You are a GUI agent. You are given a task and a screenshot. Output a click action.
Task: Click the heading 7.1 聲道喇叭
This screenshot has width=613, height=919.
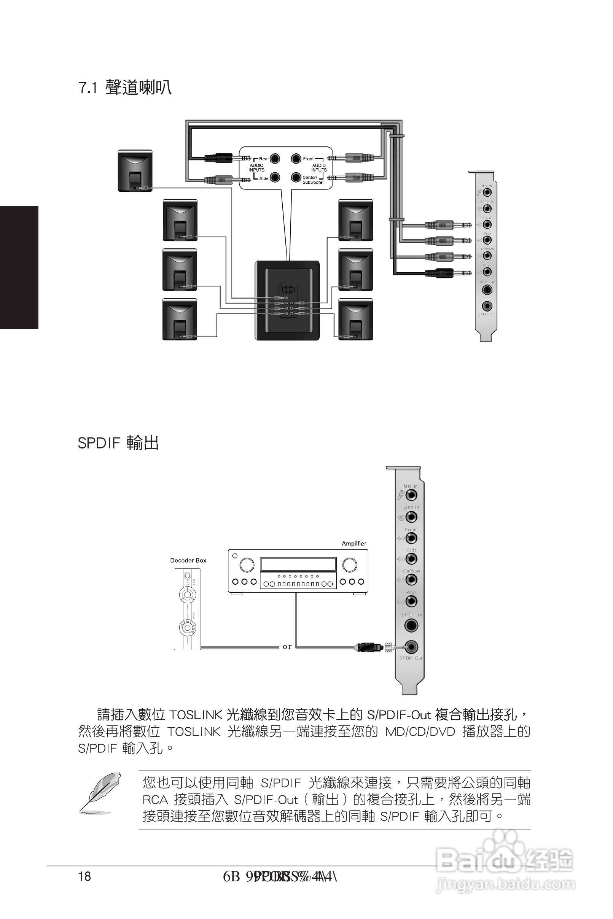pos(125,87)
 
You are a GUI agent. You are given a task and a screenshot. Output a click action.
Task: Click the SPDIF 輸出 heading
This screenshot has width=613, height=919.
pos(118,443)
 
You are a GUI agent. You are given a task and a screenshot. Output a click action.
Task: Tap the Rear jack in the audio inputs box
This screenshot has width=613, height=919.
pos(275,158)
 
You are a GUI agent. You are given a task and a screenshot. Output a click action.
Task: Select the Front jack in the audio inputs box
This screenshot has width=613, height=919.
pos(296,158)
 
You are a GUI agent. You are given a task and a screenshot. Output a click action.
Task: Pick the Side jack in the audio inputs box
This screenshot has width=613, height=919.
pos(275,177)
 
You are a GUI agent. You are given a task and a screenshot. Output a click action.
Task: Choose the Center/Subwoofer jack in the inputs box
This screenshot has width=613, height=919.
pos(296,177)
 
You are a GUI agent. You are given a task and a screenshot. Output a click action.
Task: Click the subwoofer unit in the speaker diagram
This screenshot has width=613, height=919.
pos(287,300)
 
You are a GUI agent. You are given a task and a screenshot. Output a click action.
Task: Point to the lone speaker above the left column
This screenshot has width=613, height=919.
pos(135,171)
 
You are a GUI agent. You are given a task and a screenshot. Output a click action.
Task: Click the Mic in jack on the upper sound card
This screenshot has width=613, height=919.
pos(487,192)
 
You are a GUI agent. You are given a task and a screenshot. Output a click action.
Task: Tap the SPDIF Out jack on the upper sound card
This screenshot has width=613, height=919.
pos(487,306)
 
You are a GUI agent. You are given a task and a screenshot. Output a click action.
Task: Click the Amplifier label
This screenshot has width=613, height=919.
pos(354,544)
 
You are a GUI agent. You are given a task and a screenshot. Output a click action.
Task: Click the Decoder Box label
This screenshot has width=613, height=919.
pos(188,560)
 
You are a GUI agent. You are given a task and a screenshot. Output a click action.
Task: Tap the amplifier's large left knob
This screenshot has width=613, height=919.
pos(247,564)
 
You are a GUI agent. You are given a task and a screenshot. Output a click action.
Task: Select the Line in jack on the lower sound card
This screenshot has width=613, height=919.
pos(411,517)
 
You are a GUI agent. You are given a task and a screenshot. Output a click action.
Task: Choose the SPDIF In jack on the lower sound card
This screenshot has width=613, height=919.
pos(411,626)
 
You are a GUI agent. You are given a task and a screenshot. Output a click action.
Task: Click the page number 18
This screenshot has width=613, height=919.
pos(84,876)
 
